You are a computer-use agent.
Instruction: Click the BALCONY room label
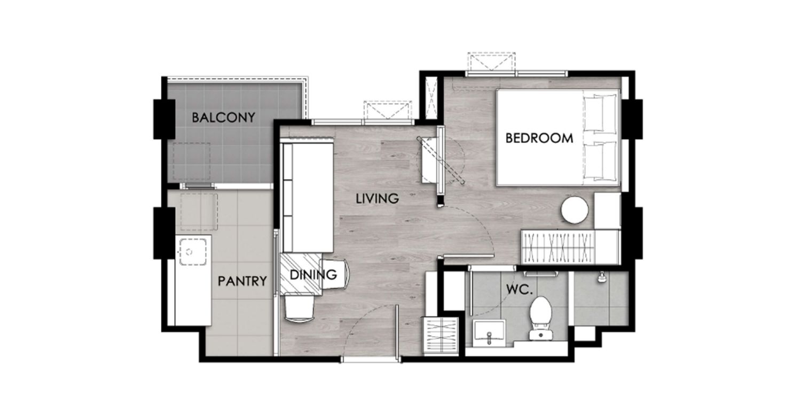(x=224, y=118)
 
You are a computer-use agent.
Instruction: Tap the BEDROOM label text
(x=539, y=138)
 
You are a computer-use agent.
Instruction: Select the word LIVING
(x=377, y=199)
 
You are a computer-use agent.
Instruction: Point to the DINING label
(x=313, y=275)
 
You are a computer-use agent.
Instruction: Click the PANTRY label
(x=242, y=281)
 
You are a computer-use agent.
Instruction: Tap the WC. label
(x=520, y=290)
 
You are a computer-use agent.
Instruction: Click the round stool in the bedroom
(x=575, y=210)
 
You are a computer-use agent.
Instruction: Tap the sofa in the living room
(x=308, y=197)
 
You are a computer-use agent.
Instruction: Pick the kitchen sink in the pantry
(x=193, y=252)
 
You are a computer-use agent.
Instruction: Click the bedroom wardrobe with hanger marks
(x=557, y=247)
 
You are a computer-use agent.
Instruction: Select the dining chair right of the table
(x=335, y=274)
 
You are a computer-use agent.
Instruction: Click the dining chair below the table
(x=300, y=308)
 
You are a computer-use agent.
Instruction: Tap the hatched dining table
(x=301, y=274)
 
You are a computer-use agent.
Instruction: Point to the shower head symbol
(x=601, y=278)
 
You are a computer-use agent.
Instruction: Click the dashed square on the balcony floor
(x=192, y=162)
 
